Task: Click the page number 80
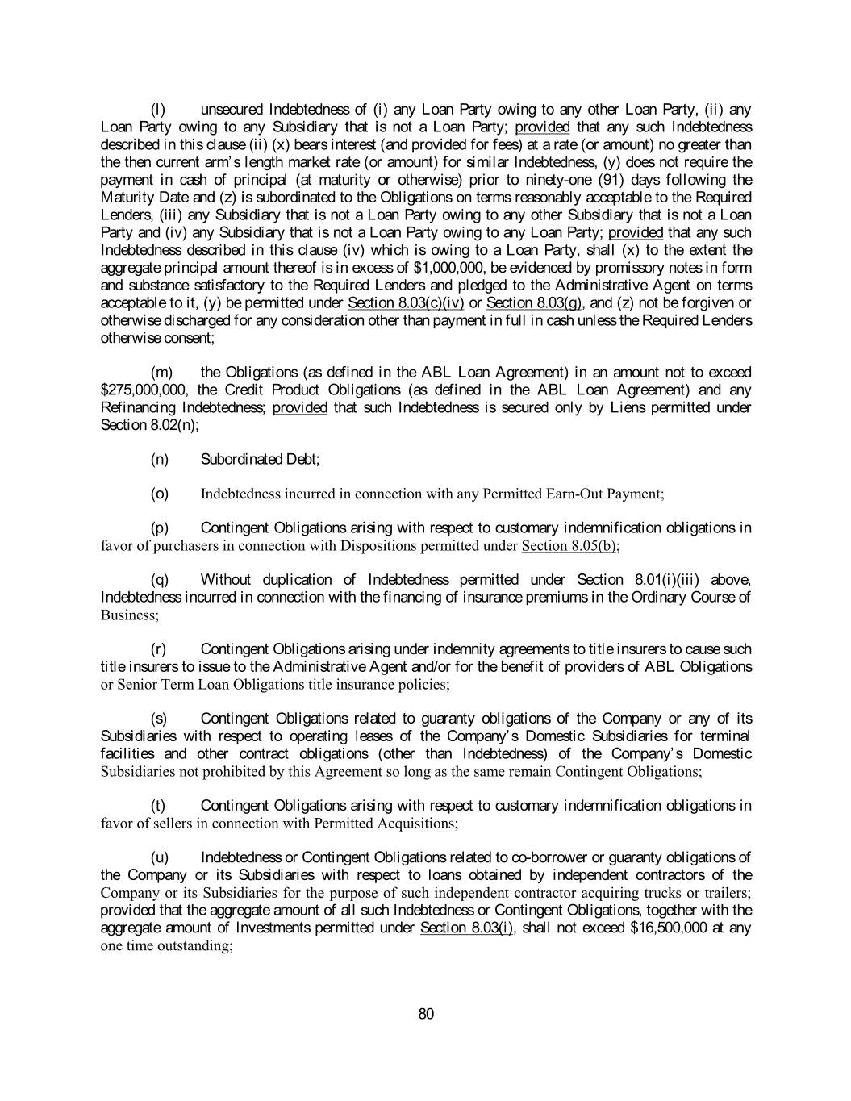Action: point(426,1014)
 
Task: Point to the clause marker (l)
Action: point(158,109)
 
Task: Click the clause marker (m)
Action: point(161,372)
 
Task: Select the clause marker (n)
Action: point(160,459)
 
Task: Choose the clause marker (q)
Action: point(160,580)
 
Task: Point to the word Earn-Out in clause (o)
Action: point(573,494)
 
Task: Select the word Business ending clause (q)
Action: point(128,615)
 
